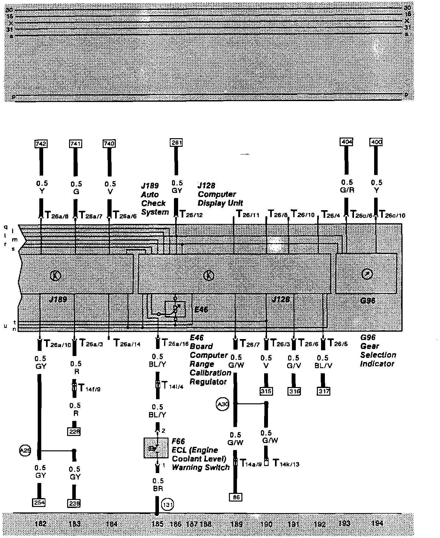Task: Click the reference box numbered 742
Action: [x=41, y=144]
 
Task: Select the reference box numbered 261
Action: [x=176, y=142]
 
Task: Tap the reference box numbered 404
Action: [x=346, y=142]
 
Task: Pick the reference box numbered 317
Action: [x=324, y=391]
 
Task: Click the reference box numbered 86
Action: [x=236, y=497]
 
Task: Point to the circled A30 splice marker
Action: [x=223, y=404]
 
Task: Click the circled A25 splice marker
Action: [x=25, y=451]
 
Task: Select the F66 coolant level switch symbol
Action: [x=156, y=447]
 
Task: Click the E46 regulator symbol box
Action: [x=175, y=309]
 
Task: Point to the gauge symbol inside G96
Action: [x=367, y=274]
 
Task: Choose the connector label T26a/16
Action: [x=175, y=344]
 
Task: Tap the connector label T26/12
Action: [x=191, y=214]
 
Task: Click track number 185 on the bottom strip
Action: [x=157, y=524]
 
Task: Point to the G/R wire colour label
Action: [x=347, y=190]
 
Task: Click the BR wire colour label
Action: [x=158, y=489]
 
